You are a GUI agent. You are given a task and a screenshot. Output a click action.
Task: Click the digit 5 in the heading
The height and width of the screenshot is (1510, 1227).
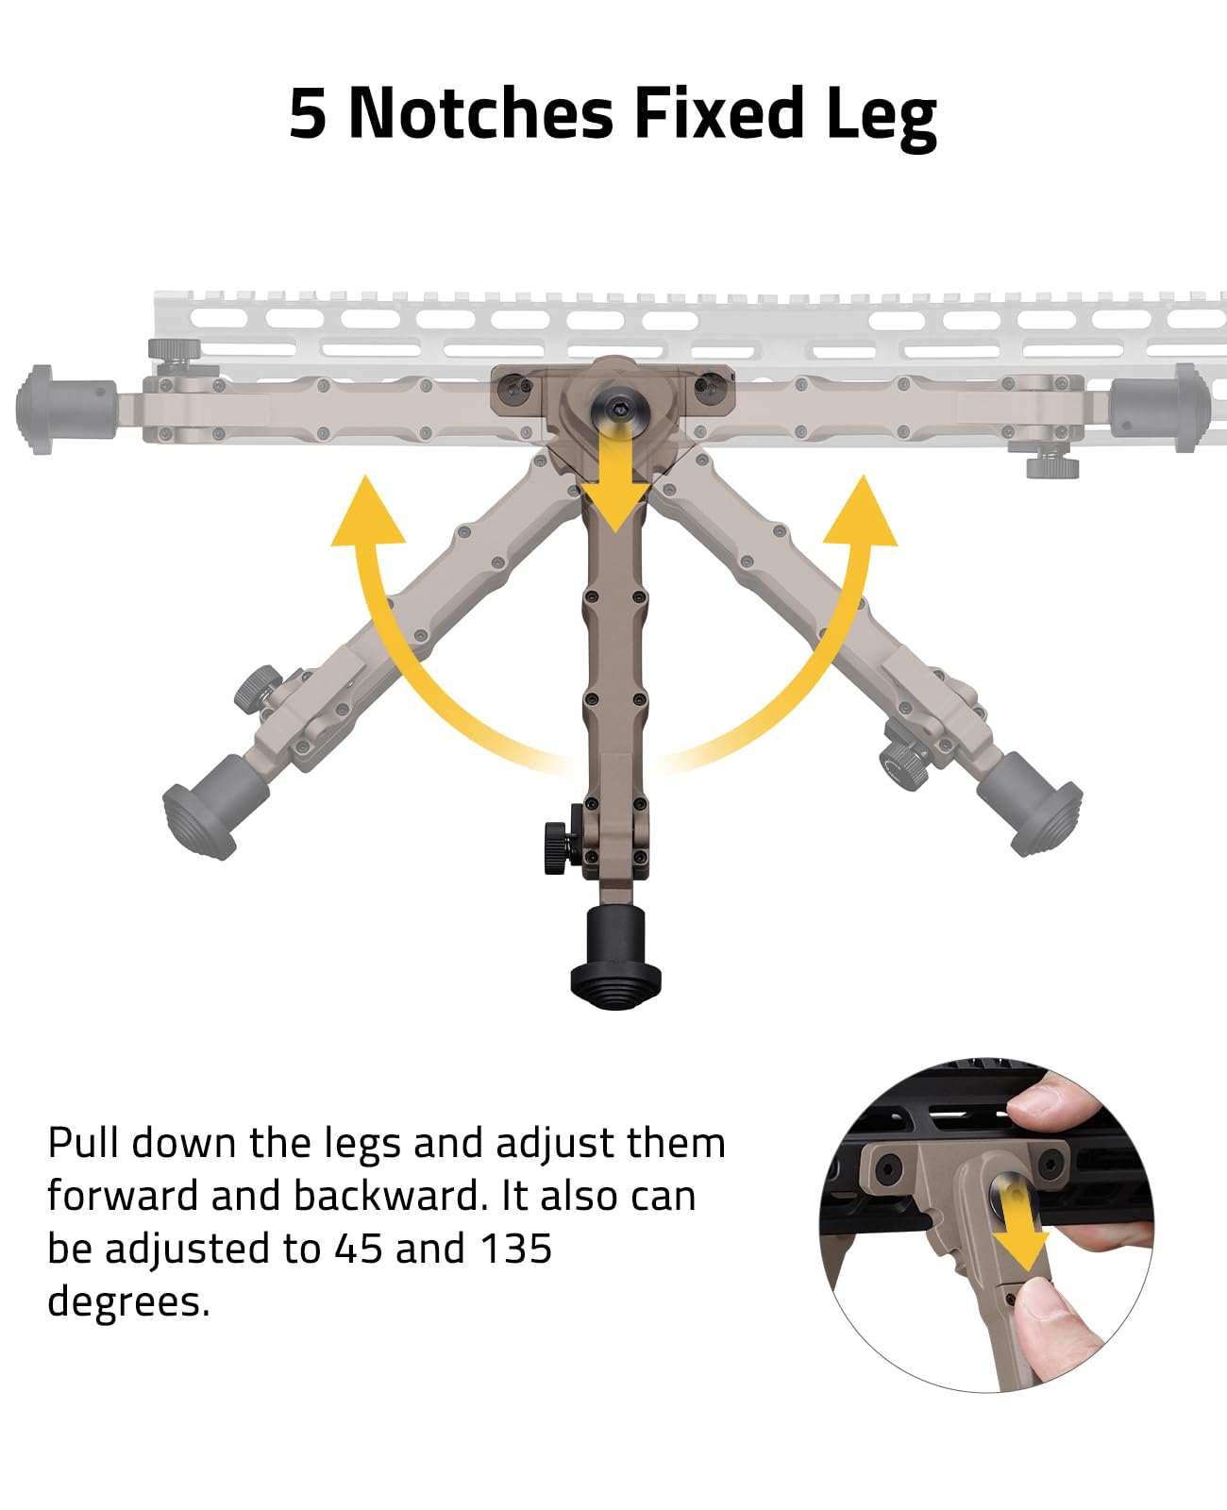(x=309, y=113)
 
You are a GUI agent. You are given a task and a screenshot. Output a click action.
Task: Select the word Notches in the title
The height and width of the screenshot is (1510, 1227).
(x=481, y=112)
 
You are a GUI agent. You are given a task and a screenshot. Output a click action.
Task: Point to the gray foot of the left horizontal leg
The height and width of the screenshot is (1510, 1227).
(x=65, y=409)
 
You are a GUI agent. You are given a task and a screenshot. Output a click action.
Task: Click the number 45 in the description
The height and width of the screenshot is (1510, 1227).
(x=359, y=1249)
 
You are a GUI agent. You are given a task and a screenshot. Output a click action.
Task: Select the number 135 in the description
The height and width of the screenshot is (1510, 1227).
(x=515, y=1249)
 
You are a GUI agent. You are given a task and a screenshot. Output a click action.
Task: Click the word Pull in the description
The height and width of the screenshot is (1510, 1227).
(x=83, y=1143)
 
